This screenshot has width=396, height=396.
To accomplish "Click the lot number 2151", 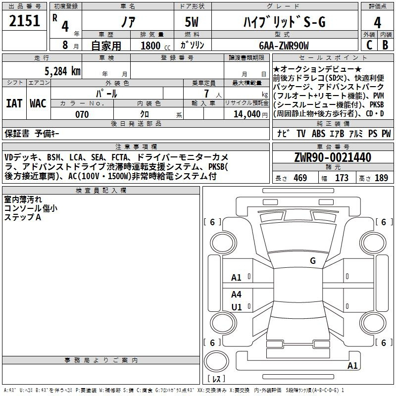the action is [24, 21].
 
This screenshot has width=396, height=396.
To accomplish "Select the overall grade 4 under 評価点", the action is [377, 22].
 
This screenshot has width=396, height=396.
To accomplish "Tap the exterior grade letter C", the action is [369, 45].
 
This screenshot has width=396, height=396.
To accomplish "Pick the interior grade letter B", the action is [385, 45].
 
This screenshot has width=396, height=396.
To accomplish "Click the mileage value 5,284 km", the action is [62, 71].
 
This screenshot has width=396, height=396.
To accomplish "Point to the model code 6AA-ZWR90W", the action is [284, 46].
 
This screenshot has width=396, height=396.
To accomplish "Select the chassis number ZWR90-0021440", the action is [333, 157].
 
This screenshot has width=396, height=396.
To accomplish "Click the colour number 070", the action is [82, 114].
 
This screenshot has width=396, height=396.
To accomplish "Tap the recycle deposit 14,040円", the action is [250, 114].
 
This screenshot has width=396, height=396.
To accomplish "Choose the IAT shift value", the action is [14, 103].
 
